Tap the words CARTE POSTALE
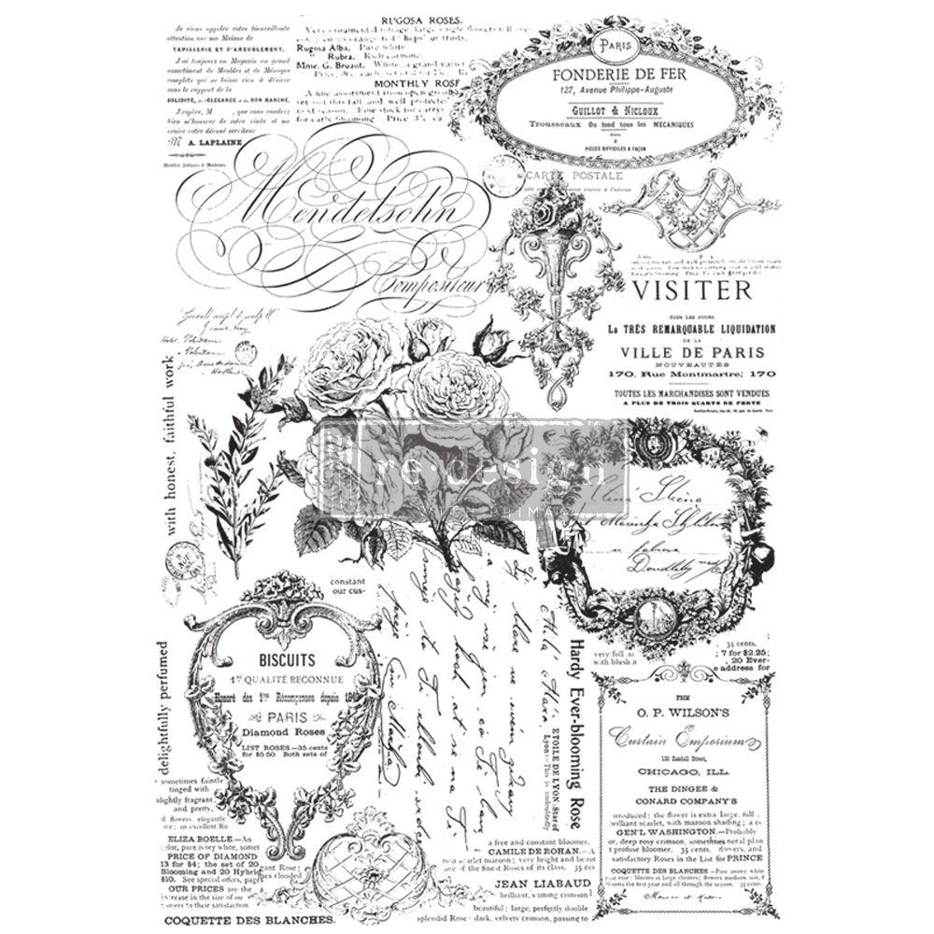(x=567, y=177)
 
